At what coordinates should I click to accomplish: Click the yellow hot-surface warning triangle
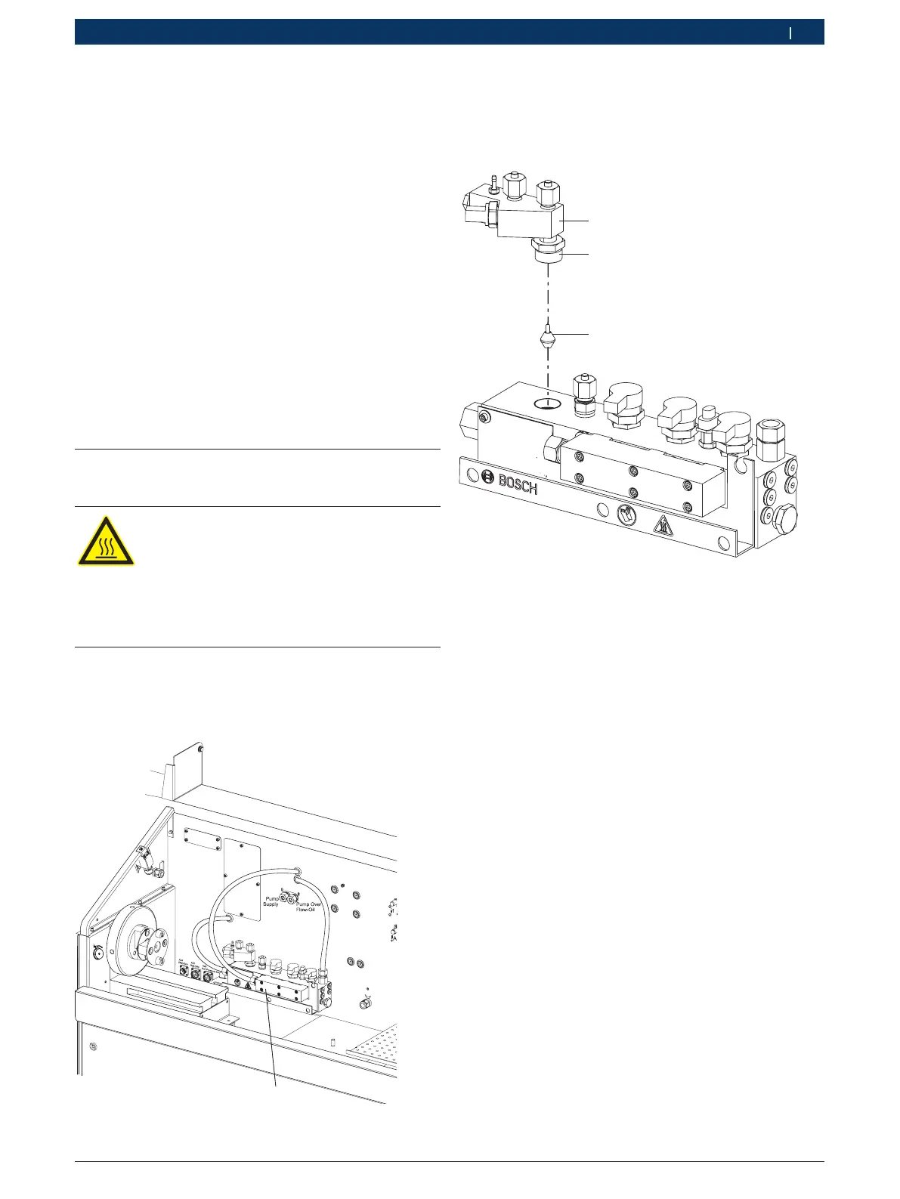(106, 541)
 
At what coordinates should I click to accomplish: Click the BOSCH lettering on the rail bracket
(518, 484)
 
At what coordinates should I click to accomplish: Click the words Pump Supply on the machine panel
(271, 901)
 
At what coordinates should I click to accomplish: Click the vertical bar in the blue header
(790, 32)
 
